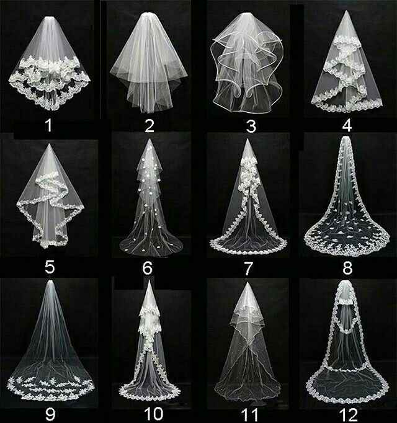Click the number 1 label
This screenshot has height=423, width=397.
click(49, 126)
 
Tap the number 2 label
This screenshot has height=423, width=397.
click(149, 126)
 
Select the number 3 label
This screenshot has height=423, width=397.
click(251, 126)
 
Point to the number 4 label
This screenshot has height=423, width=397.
click(347, 126)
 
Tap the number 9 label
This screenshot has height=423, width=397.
click(50, 411)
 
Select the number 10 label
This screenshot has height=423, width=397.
click(149, 411)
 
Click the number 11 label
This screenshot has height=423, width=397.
click(249, 411)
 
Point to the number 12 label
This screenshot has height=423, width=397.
click(347, 411)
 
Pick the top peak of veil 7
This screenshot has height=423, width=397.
click(248, 141)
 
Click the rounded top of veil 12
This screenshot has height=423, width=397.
click(345, 283)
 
